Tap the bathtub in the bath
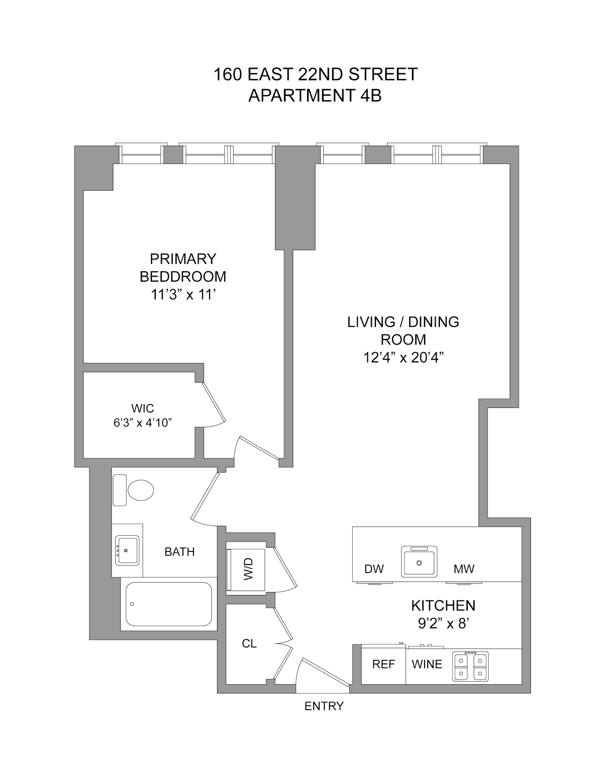coord(168,604)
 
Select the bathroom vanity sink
coord(127,550)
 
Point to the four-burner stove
coord(470,666)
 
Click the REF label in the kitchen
coord(383,664)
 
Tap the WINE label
coord(427,664)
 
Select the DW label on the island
coord(374,569)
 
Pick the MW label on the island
coord(464,569)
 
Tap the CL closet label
coord(249,644)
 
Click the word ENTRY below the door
coord(324,706)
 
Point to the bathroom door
coord(205,496)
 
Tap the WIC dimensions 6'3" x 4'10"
coord(143,423)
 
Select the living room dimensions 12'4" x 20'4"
coord(403,357)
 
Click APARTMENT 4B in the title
coord(315,96)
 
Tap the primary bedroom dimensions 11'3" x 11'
coord(183,294)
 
